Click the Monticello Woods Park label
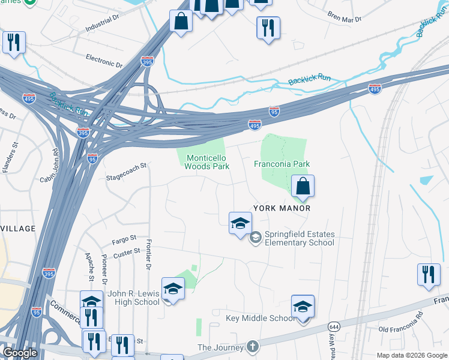[208, 162]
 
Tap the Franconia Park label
[282, 163]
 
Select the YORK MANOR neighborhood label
[282, 208]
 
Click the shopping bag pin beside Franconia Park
[303, 187]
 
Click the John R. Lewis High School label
[133, 298]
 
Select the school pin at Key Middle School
[303, 308]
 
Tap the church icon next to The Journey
[253, 347]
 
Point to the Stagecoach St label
[126, 178]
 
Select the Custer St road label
[127, 251]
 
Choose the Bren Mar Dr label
[345, 16]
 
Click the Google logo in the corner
[20, 353]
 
